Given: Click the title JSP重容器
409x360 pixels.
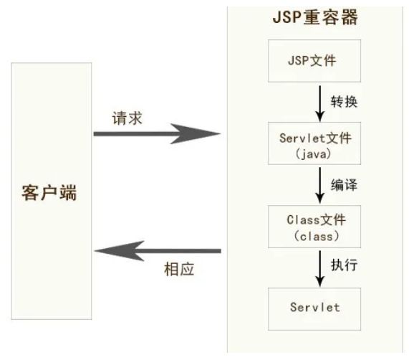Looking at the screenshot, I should (x=315, y=16).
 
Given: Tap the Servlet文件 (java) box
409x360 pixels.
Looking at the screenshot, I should (x=315, y=143).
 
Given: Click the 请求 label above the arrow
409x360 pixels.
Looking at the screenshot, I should (x=127, y=117).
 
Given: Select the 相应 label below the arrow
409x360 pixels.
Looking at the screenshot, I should (x=179, y=271).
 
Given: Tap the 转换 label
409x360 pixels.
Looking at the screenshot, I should (x=345, y=101).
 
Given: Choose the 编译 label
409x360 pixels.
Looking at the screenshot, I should (x=345, y=184).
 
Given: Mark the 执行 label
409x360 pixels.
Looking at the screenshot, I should (x=345, y=265).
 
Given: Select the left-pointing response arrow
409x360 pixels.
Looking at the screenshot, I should (x=158, y=251).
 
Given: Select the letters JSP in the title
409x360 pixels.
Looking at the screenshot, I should (x=289, y=16).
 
